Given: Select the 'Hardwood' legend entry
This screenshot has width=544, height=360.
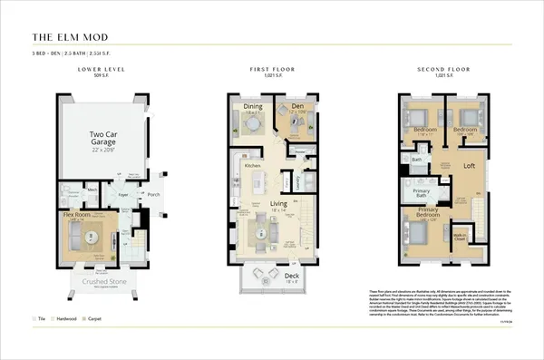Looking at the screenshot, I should click(x=65, y=319).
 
